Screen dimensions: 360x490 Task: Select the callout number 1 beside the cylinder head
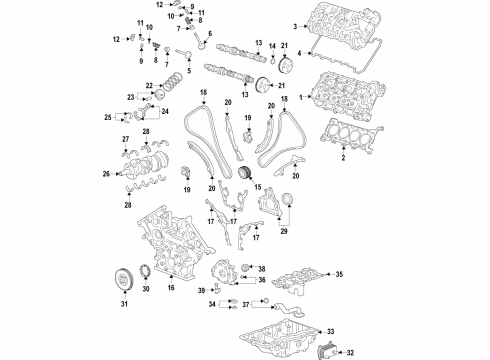pyautogui.click(x=309, y=96)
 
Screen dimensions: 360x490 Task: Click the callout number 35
pyautogui.click(x=338, y=273)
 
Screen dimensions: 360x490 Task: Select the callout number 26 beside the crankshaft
pyautogui.click(x=106, y=174)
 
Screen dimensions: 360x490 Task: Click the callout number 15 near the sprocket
pyautogui.click(x=256, y=187)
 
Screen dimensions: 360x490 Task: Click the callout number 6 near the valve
pyautogui.click(x=208, y=33)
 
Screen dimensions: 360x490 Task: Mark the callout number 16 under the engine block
pyautogui.click(x=171, y=288)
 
